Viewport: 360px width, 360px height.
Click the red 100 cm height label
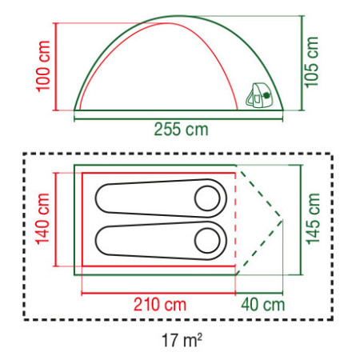(43, 66)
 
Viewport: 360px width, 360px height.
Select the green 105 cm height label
(311, 62)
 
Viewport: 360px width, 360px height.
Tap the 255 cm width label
(181, 130)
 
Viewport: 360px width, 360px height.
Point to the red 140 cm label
(42, 218)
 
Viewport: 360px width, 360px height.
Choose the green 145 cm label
(313, 218)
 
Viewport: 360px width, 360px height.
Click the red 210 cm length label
(159, 305)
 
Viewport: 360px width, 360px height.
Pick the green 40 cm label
(263, 305)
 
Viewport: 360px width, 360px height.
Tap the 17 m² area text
(182, 340)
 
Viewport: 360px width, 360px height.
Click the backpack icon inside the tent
(259, 95)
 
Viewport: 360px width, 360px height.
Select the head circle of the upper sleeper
(207, 198)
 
